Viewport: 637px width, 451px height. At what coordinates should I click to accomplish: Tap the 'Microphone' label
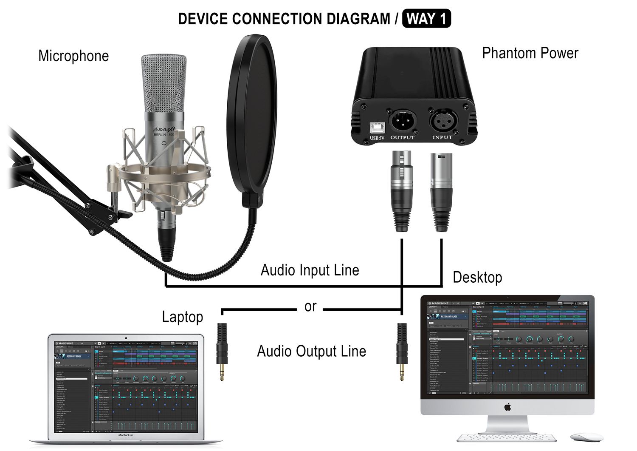pyautogui.click(x=73, y=56)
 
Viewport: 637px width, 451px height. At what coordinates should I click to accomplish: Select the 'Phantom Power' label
pyautogui.click(x=530, y=53)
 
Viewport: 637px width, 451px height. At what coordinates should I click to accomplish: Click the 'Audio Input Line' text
pyautogui.click(x=310, y=270)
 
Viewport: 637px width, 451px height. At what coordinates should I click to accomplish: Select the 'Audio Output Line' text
pyautogui.click(x=311, y=352)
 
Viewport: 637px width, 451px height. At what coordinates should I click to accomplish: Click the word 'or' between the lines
pyautogui.click(x=310, y=306)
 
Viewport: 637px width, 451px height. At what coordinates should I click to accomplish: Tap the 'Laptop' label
pyautogui.click(x=183, y=317)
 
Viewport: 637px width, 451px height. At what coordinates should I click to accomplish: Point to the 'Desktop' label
pyautogui.click(x=477, y=277)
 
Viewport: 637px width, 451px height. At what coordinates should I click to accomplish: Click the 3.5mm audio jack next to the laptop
pyautogui.click(x=222, y=351)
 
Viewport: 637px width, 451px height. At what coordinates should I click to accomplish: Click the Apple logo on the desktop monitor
pyautogui.click(x=507, y=408)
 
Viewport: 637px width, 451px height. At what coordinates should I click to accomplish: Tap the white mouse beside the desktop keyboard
pyautogui.click(x=586, y=437)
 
